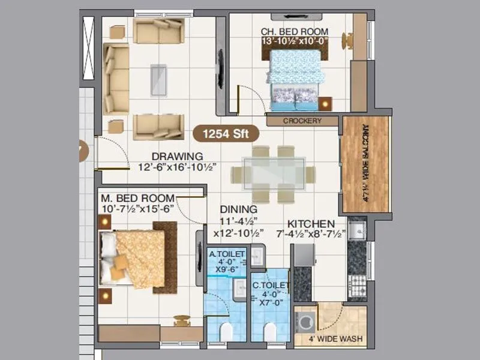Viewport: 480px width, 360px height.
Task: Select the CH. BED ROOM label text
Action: tap(294, 31)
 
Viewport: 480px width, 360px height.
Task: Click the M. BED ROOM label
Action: tap(137, 198)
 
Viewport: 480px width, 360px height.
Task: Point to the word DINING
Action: tap(238, 209)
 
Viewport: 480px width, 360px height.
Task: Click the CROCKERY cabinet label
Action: tap(302, 121)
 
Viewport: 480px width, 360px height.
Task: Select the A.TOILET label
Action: tap(227, 254)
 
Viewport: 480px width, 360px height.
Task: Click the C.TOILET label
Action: tap(271, 286)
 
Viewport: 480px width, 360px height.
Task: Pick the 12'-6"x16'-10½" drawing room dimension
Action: tap(178, 167)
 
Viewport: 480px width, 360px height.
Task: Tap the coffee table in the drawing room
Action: tap(159, 78)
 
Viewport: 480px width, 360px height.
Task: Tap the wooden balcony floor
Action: tap(365, 164)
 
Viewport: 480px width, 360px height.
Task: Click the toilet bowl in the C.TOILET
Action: tap(270, 331)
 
